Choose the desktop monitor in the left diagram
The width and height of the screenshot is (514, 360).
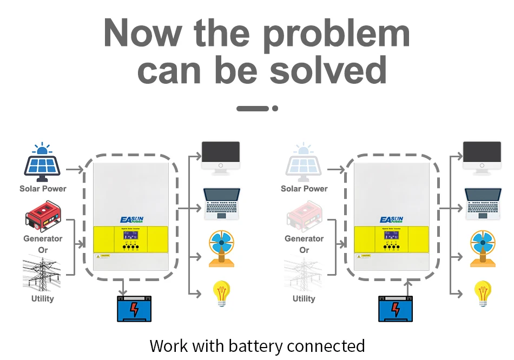[x=221, y=157]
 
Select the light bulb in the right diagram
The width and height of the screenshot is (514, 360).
[x=483, y=292]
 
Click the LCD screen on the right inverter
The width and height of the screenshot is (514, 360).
[x=391, y=236]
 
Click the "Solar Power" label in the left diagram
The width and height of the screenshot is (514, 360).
[x=43, y=189]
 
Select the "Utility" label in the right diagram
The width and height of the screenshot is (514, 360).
[x=304, y=298]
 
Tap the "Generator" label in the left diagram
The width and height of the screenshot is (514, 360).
[x=43, y=238]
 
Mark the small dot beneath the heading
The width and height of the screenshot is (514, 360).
[x=275, y=108]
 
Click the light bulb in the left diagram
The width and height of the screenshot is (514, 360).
[x=221, y=292]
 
